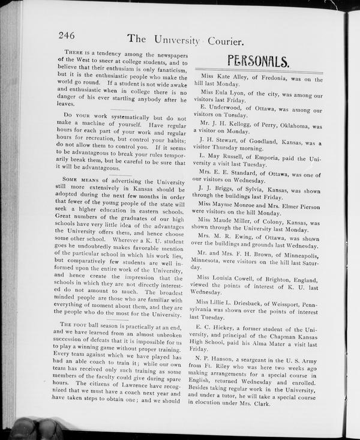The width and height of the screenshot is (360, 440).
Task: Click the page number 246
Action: [x=71, y=35]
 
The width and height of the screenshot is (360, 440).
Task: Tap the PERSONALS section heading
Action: [x=259, y=60]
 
